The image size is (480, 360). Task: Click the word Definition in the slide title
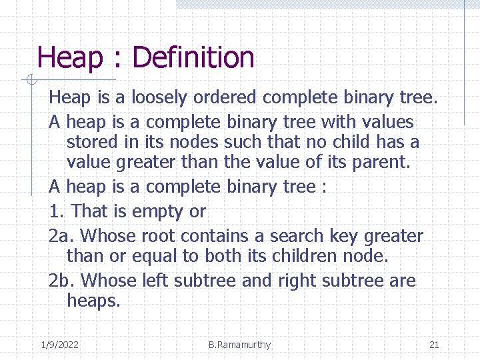193,58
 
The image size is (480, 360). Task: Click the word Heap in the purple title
70,58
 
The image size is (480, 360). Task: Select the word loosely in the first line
159,98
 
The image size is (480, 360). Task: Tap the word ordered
225,98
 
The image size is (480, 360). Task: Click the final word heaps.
93,301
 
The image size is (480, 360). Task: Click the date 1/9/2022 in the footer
59,345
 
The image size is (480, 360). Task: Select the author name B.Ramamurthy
239,345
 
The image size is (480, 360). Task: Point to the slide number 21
434,345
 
